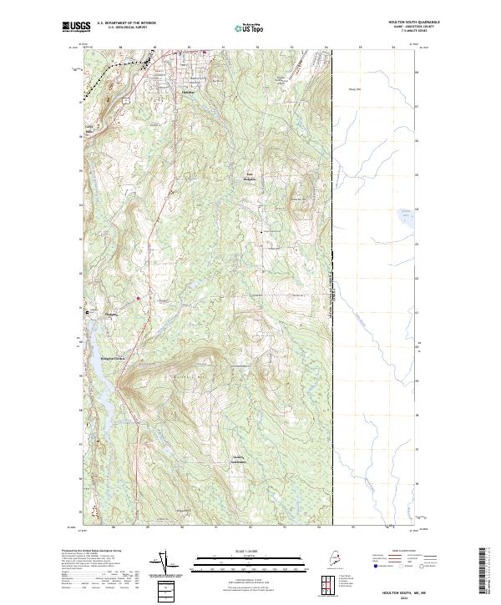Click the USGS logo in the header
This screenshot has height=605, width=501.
[x=77, y=28]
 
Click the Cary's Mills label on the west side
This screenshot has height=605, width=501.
[x=89, y=129]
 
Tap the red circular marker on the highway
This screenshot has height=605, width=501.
[x=138, y=298]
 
